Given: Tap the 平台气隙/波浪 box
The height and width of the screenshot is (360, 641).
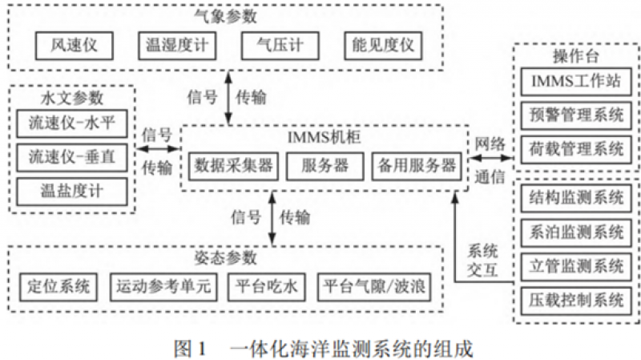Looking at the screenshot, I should tap(375, 286).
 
